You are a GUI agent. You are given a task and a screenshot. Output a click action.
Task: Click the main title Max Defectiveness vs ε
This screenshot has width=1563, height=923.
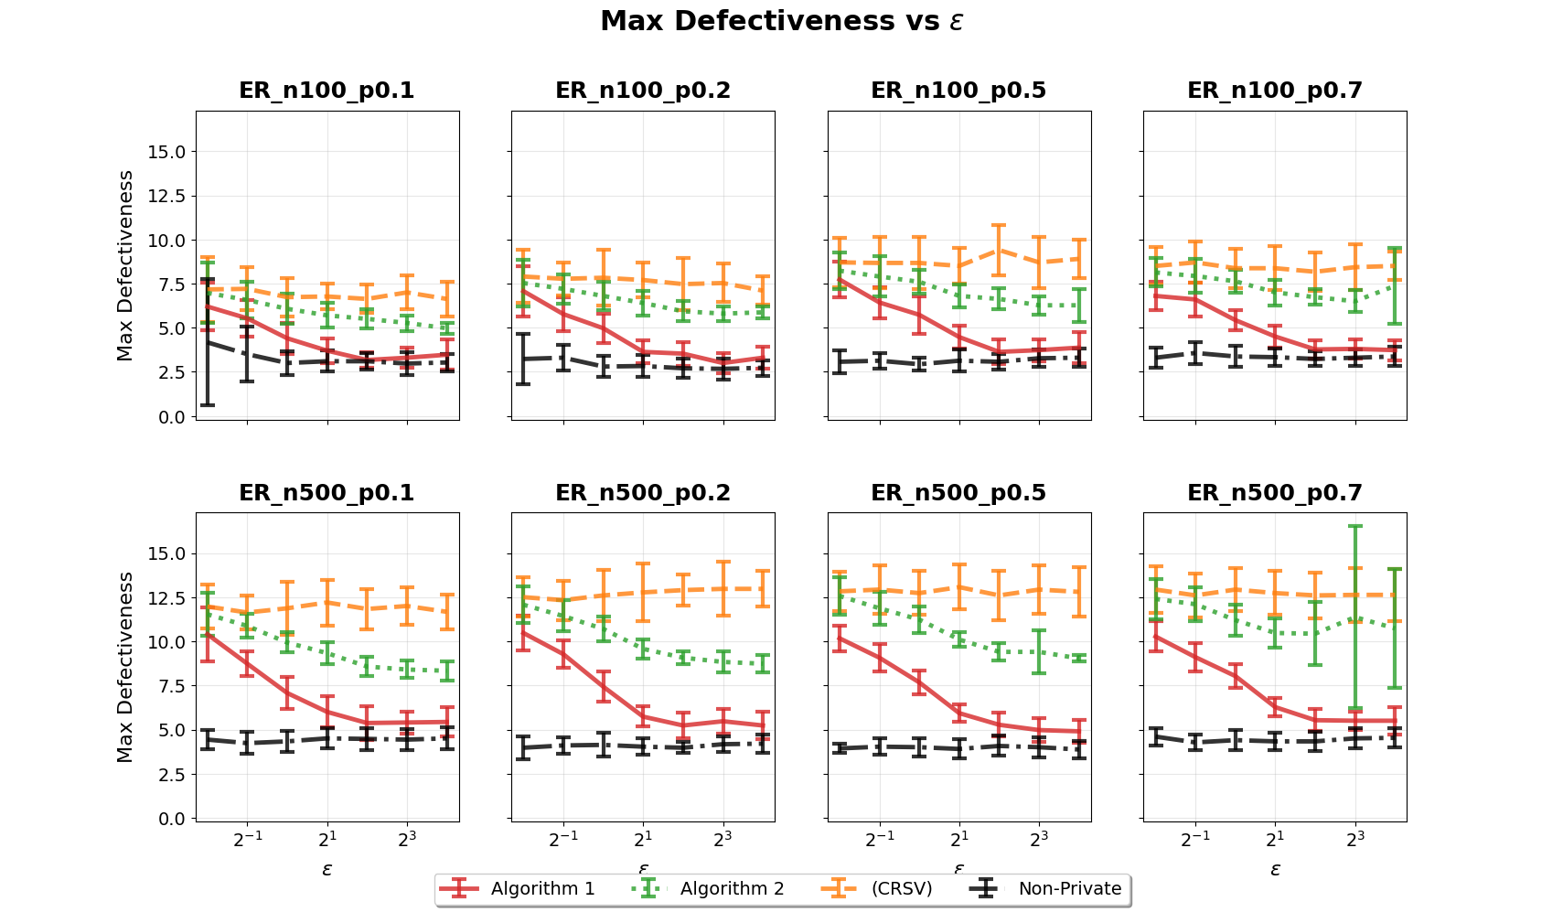click(x=781, y=22)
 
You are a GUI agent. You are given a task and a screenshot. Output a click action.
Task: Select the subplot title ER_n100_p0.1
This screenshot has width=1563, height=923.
click(x=327, y=91)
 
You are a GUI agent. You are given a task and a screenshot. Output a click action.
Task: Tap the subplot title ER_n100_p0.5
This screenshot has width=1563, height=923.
click(x=958, y=91)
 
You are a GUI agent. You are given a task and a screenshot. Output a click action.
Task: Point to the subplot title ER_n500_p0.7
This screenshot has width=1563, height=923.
click(x=1275, y=493)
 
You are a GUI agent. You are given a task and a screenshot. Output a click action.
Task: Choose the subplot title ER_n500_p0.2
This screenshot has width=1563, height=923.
click(x=643, y=493)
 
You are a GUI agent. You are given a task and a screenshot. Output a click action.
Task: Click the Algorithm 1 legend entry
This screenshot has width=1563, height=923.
click(x=517, y=888)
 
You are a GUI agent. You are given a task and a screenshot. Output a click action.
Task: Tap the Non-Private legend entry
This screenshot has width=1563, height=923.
click(x=1044, y=888)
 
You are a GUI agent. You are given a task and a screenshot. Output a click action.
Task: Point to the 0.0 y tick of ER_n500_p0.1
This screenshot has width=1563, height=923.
click(x=171, y=819)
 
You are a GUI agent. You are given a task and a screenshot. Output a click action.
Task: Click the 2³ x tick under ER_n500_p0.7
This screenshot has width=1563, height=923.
click(x=1355, y=838)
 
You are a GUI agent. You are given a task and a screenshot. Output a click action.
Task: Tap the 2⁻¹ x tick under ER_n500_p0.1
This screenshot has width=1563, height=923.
click(x=247, y=838)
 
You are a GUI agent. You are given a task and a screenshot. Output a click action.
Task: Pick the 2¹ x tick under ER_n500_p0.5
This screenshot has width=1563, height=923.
click(x=959, y=838)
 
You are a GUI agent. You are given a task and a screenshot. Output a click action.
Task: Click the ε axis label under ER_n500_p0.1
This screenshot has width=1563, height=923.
click(x=327, y=869)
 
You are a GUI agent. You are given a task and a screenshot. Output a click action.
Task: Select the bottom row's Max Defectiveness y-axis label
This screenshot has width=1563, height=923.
click(x=125, y=667)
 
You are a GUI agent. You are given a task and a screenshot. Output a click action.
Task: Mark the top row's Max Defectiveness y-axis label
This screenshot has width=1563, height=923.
click(x=125, y=265)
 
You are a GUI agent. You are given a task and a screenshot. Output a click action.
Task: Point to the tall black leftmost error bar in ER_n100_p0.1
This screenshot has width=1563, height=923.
click(x=208, y=342)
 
